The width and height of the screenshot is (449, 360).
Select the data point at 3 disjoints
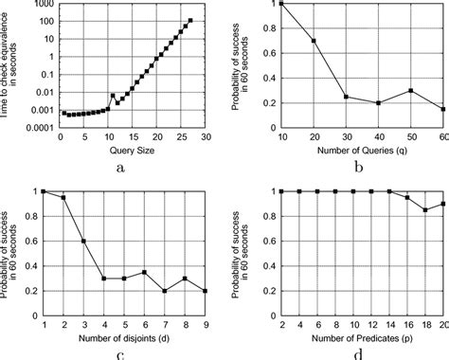pos(84,241)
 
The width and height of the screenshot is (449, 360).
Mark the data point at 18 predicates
pos(425,209)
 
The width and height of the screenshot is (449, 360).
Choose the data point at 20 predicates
pos(443,204)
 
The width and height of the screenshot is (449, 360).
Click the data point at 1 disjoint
pos(44,191)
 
